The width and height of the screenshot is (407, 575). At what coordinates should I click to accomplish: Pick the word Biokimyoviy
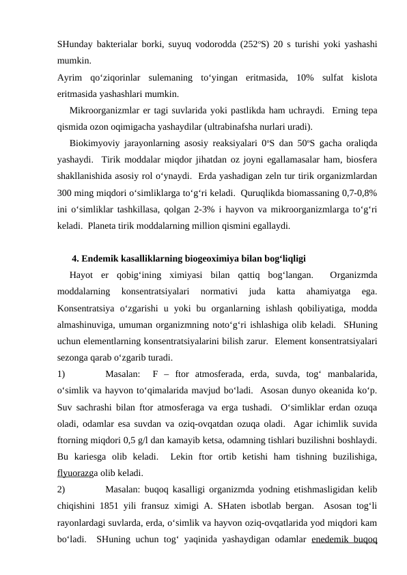tap(97, 144)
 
